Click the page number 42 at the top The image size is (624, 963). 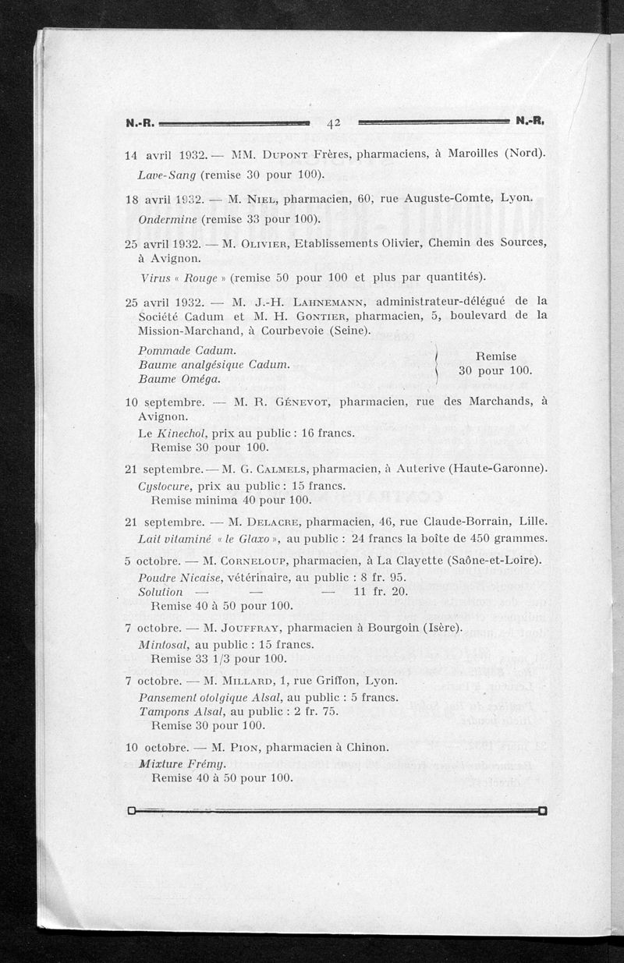(x=335, y=122)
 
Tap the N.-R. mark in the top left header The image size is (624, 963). (x=141, y=122)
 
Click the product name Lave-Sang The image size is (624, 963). (x=167, y=173)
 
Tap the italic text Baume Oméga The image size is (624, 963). (x=179, y=378)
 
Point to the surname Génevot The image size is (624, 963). (x=300, y=402)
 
